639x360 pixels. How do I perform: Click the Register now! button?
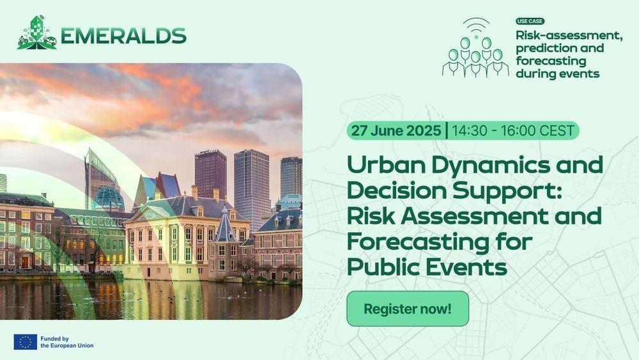[408, 309]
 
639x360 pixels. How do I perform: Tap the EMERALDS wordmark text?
[123, 36]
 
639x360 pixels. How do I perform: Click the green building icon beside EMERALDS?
[36, 33]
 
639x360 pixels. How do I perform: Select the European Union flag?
[26, 342]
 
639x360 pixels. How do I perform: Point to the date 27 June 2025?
[396, 130]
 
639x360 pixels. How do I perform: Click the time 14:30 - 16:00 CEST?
[513, 130]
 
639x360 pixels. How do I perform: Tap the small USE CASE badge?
[530, 21]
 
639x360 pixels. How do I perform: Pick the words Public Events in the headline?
[427, 267]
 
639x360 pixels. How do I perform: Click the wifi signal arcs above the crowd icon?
[477, 26]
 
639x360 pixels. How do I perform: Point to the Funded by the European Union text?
[67, 342]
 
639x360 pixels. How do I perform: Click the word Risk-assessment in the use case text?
[569, 36]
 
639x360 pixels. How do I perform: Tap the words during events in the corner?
[557, 74]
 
